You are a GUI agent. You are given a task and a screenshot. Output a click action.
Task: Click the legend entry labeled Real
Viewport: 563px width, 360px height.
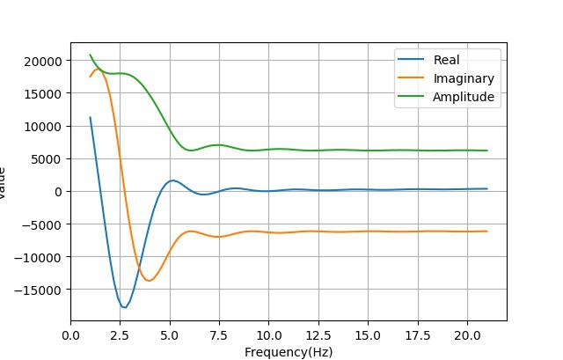[447, 60]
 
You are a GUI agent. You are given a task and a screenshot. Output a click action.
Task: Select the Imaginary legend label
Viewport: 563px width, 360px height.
[464, 78]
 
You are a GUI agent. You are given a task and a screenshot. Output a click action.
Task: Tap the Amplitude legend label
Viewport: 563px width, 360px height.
[464, 97]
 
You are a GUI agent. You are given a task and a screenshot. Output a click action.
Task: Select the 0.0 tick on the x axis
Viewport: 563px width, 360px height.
[71, 335]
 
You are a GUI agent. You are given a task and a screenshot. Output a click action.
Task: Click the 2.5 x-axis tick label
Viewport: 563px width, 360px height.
[121, 335]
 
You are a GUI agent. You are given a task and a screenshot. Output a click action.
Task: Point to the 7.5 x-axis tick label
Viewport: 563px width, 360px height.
[220, 335]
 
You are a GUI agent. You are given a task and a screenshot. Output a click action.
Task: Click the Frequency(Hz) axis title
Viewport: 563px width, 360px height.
[289, 352]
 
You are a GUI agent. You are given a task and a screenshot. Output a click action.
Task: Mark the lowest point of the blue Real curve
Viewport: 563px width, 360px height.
[125, 307]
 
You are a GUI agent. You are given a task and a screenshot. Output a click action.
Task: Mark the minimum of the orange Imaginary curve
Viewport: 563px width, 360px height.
[149, 281]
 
